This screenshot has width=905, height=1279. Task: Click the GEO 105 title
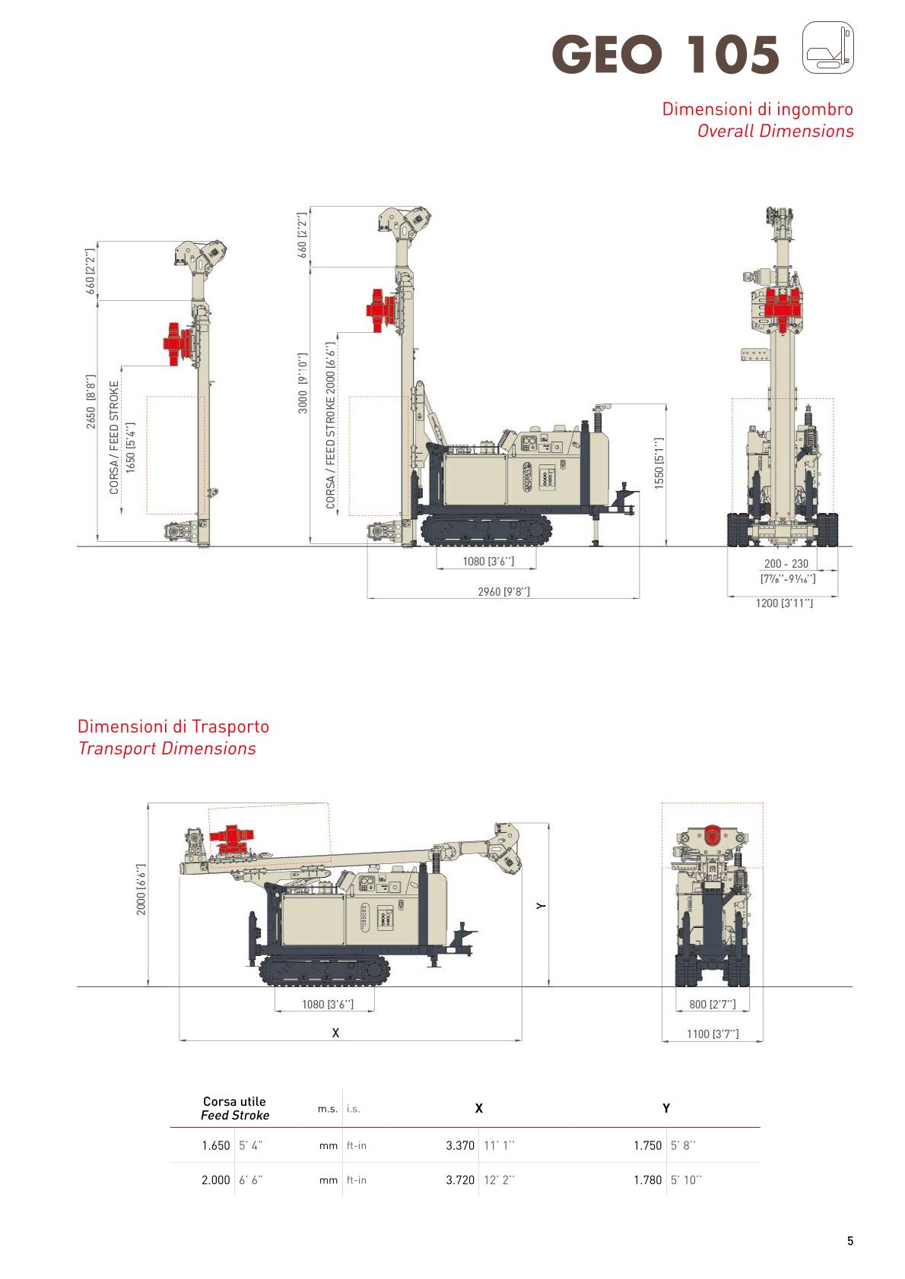pos(666,55)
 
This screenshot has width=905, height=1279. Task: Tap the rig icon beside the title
pos(828,48)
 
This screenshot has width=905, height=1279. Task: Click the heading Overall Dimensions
pos(775,131)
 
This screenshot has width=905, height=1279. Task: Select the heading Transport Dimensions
pos(167,748)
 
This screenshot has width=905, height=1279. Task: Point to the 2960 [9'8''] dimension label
pos(503,591)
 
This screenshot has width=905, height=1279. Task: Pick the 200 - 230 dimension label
pos(786,564)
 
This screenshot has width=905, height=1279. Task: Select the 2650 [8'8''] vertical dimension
pos(91,400)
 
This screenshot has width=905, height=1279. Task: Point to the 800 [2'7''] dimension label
pos(712,1004)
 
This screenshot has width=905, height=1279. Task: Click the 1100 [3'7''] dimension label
pos(712,1034)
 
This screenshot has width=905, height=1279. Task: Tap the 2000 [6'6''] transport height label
pos(141,889)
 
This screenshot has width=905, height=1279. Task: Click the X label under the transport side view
pos(335,1033)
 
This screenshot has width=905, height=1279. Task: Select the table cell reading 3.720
pos(460,1180)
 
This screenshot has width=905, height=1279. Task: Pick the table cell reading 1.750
pos(648,1145)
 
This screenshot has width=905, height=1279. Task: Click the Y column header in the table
pos(666,1108)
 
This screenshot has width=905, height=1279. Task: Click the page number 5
pos(850,1242)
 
